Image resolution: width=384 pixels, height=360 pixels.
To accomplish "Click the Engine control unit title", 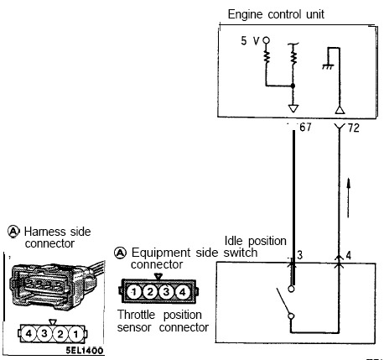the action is [x=276, y=14].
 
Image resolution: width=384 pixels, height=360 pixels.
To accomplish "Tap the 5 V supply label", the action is [x=250, y=41].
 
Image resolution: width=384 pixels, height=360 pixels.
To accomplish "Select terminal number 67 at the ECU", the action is [x=305, y=128].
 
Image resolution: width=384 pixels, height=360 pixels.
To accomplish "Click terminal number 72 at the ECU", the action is [x=354, y=128].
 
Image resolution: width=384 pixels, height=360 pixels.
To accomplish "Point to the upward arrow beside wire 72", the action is [x=348, y=197].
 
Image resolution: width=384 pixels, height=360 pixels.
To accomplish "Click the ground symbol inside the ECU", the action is [x=328, y=66].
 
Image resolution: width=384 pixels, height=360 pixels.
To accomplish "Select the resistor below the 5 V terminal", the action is [x=267, y=57].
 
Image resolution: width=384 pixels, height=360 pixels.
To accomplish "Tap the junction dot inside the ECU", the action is [x=293, y=86].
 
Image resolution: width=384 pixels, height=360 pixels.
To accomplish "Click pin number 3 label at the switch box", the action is [x=299, y=255].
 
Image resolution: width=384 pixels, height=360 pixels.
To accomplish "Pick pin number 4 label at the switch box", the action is [x=348, y=255].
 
